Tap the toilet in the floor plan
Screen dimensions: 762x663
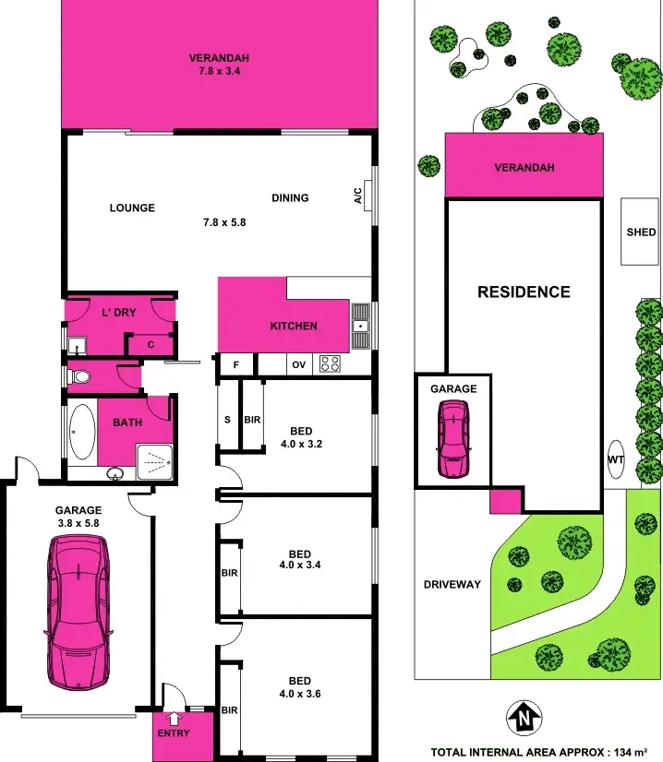81,376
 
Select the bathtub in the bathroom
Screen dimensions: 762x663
82,432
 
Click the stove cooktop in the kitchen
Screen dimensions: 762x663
330,363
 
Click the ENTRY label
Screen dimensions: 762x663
174,733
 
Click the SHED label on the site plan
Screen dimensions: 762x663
640,232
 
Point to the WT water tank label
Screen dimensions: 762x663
615,459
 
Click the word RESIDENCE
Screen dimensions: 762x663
524,292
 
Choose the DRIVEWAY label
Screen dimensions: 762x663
452,585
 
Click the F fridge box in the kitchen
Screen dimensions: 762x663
236,364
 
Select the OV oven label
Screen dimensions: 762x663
298,364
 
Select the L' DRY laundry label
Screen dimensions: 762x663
118,313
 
